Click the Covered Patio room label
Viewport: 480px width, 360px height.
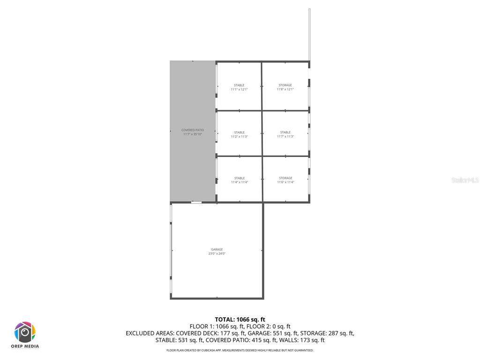click(x=193, y=130)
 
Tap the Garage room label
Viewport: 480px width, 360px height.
click(x=217, y=249)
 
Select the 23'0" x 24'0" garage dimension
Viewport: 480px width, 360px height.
click(x=217, y=254)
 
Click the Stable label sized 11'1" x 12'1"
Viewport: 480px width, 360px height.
click(x=239, y=85)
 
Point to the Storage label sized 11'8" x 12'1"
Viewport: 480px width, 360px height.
click(x=285, y=85)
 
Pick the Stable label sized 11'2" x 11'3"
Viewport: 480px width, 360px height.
click(x=239, y=133)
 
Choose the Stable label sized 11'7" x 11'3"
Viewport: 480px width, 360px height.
click(x=285, y=133)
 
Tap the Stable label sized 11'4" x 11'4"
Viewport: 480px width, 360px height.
click(x=239, y=178)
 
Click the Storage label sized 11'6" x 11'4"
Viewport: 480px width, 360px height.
click(x=285, y=178)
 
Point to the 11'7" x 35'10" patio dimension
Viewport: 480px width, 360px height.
click(x=193, y=134)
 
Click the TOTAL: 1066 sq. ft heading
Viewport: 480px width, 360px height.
click(x=240, y=319)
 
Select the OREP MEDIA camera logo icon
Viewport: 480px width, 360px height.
click(x=25, y=332)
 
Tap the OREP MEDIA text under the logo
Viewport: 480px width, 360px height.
click(x=25, y=347)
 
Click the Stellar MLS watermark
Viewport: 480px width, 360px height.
click(x=465, y=180)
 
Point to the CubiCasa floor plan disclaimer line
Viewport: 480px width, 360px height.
click(x=240, y=350)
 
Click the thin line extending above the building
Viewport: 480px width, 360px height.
click(x=309, y=33)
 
